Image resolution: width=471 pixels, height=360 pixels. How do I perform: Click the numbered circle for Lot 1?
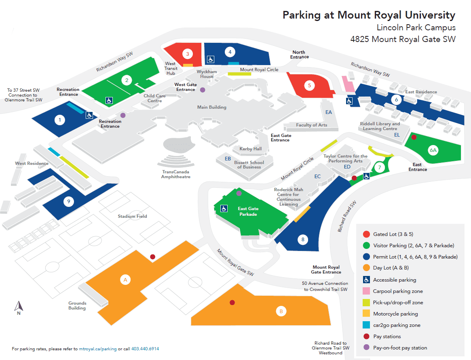point(60,120)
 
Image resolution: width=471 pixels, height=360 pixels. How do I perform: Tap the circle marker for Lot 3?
point(187,53)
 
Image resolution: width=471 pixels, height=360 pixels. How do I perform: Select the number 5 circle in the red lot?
point(309,85)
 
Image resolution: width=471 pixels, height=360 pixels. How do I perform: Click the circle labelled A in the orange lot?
point(125,279)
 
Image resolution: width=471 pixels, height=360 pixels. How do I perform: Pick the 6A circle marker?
point(433,151)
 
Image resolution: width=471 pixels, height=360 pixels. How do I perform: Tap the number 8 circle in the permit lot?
point(303,240)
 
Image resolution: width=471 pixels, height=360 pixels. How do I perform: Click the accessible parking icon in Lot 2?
point(109,100)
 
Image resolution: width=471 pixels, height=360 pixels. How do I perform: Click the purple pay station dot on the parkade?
point(239,194)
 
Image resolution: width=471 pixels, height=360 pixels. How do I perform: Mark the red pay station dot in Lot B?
point(232,303)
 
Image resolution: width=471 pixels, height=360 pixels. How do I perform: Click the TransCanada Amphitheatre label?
point(175,174)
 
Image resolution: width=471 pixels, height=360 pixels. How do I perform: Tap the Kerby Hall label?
point(251,149)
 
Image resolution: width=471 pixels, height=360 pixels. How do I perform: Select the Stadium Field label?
point(132,216)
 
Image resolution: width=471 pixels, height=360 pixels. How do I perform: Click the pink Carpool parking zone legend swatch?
point(366,291)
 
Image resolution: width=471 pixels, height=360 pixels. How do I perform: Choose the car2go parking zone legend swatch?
point(366,325)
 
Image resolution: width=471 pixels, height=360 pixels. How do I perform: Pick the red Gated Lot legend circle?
point(366,234)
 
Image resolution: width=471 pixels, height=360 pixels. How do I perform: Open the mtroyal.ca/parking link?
point(98,349)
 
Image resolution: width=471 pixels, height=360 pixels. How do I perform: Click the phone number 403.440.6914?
point(145,349)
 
